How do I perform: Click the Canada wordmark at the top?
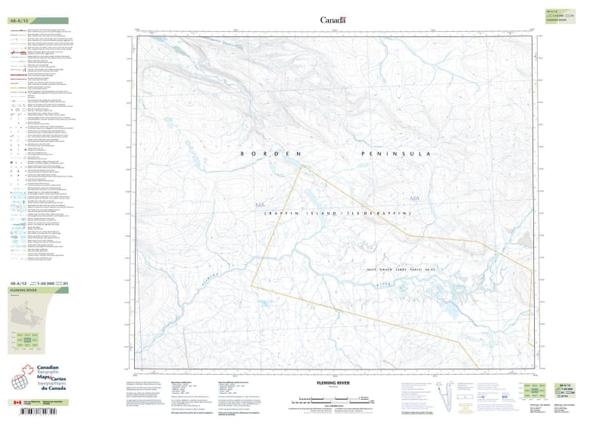pyautogui.click(x=333, y=20)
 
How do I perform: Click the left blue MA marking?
pyautogui.click(x=262, y=205)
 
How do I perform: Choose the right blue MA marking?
pyautogui.click(x=414, y=199)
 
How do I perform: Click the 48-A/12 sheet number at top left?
pyautogui.click(x=20, y=20)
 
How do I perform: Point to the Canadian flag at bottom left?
pyautogui.click(x=17, y=404)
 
